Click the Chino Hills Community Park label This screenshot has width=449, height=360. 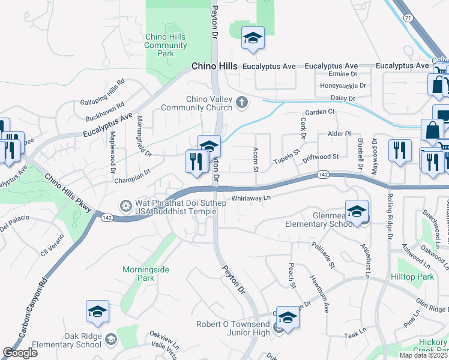[x=166, y=45]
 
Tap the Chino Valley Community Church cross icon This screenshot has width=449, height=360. [x=242, y=101]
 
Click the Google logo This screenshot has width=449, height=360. [x=20, y=352]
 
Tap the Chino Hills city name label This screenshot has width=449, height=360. [x=214, y=66]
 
